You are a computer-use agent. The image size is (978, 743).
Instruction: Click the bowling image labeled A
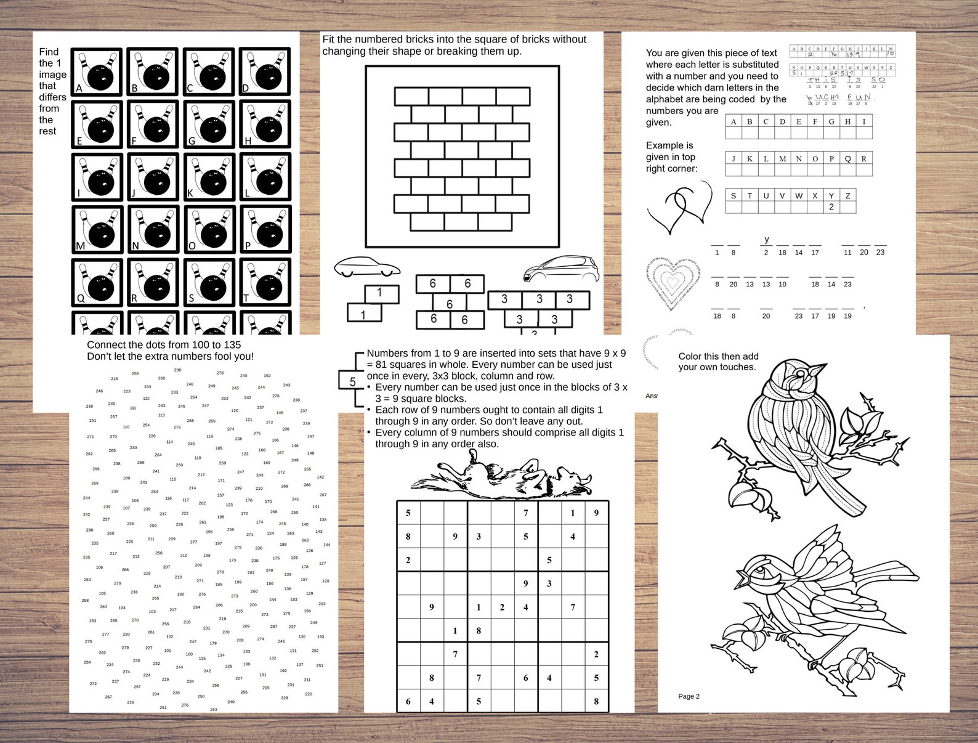[x=96, y=72]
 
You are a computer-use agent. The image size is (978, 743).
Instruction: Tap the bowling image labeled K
[x=209, y=177]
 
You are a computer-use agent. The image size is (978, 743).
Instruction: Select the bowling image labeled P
[x=265, y=230]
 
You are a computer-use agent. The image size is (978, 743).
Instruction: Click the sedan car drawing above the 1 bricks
[x=366, y=267]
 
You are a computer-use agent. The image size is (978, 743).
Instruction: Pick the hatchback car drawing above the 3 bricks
[x=560, y=269]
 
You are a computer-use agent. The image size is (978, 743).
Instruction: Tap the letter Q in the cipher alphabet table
[x=847, y=159]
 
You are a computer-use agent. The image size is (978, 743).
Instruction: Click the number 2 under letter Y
[x=831, y=207]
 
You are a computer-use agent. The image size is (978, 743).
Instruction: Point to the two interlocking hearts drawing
[x=679, y=207]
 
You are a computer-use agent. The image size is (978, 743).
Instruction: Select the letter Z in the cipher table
[x=847, y=196]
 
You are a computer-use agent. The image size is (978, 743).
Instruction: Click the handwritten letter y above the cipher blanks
[x=766, y=239]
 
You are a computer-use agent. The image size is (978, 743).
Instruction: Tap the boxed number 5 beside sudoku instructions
[x=352, y=381]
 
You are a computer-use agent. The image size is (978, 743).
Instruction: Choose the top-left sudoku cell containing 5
[x=408, y=513]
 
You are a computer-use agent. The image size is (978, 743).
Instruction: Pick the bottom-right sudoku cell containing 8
[x=596, y=701]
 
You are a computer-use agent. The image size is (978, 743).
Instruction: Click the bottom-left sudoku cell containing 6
[x=408, y=701]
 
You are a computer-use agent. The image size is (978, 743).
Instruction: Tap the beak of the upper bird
[x=819, y=370]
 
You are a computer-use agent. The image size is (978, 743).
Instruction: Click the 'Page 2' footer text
[x=689, y=696]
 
